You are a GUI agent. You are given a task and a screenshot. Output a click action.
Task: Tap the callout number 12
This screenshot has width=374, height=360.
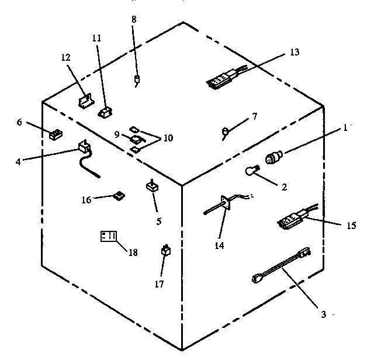coord(66,58)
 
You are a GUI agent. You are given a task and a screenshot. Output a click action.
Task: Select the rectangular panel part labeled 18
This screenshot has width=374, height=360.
coord(108,237)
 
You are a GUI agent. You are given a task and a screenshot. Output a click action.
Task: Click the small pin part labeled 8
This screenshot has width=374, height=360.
coord(137,79)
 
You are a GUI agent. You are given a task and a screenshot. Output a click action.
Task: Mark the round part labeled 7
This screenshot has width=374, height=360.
coord(226,131)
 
